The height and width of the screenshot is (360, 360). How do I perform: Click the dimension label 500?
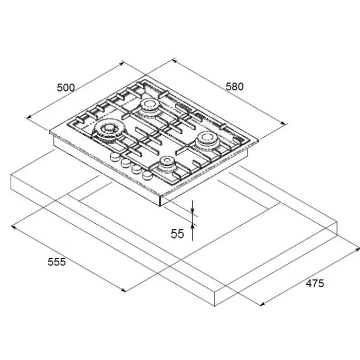tap(66, 88)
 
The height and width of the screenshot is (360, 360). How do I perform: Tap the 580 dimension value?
tap(235, 86)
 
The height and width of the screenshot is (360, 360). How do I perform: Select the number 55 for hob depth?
tap(177, 233)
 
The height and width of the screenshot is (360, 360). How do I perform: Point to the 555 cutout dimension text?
tap(57, 262)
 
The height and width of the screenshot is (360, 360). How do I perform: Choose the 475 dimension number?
tap(315, 283)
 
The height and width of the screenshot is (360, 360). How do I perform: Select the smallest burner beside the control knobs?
tap(166, 165)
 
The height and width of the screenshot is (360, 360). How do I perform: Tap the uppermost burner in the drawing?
tap(150, 105)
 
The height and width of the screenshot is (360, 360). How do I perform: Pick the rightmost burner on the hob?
tap(207, 139)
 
